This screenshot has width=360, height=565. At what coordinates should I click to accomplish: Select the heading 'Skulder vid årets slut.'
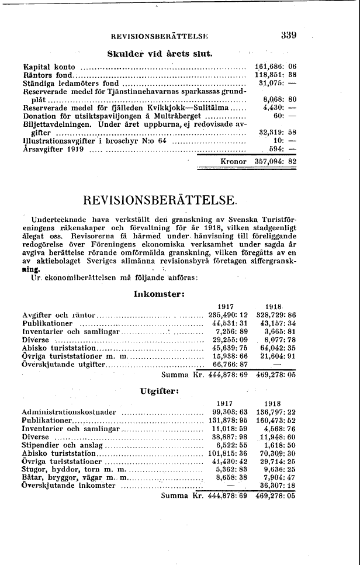pyautogui.click(x=160, y=55)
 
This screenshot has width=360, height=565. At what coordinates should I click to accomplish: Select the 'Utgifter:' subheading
pyautogui.click(x=159, y=391)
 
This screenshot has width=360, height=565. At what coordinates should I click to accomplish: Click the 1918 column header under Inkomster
pyautogui.click(x=274, y=306)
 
